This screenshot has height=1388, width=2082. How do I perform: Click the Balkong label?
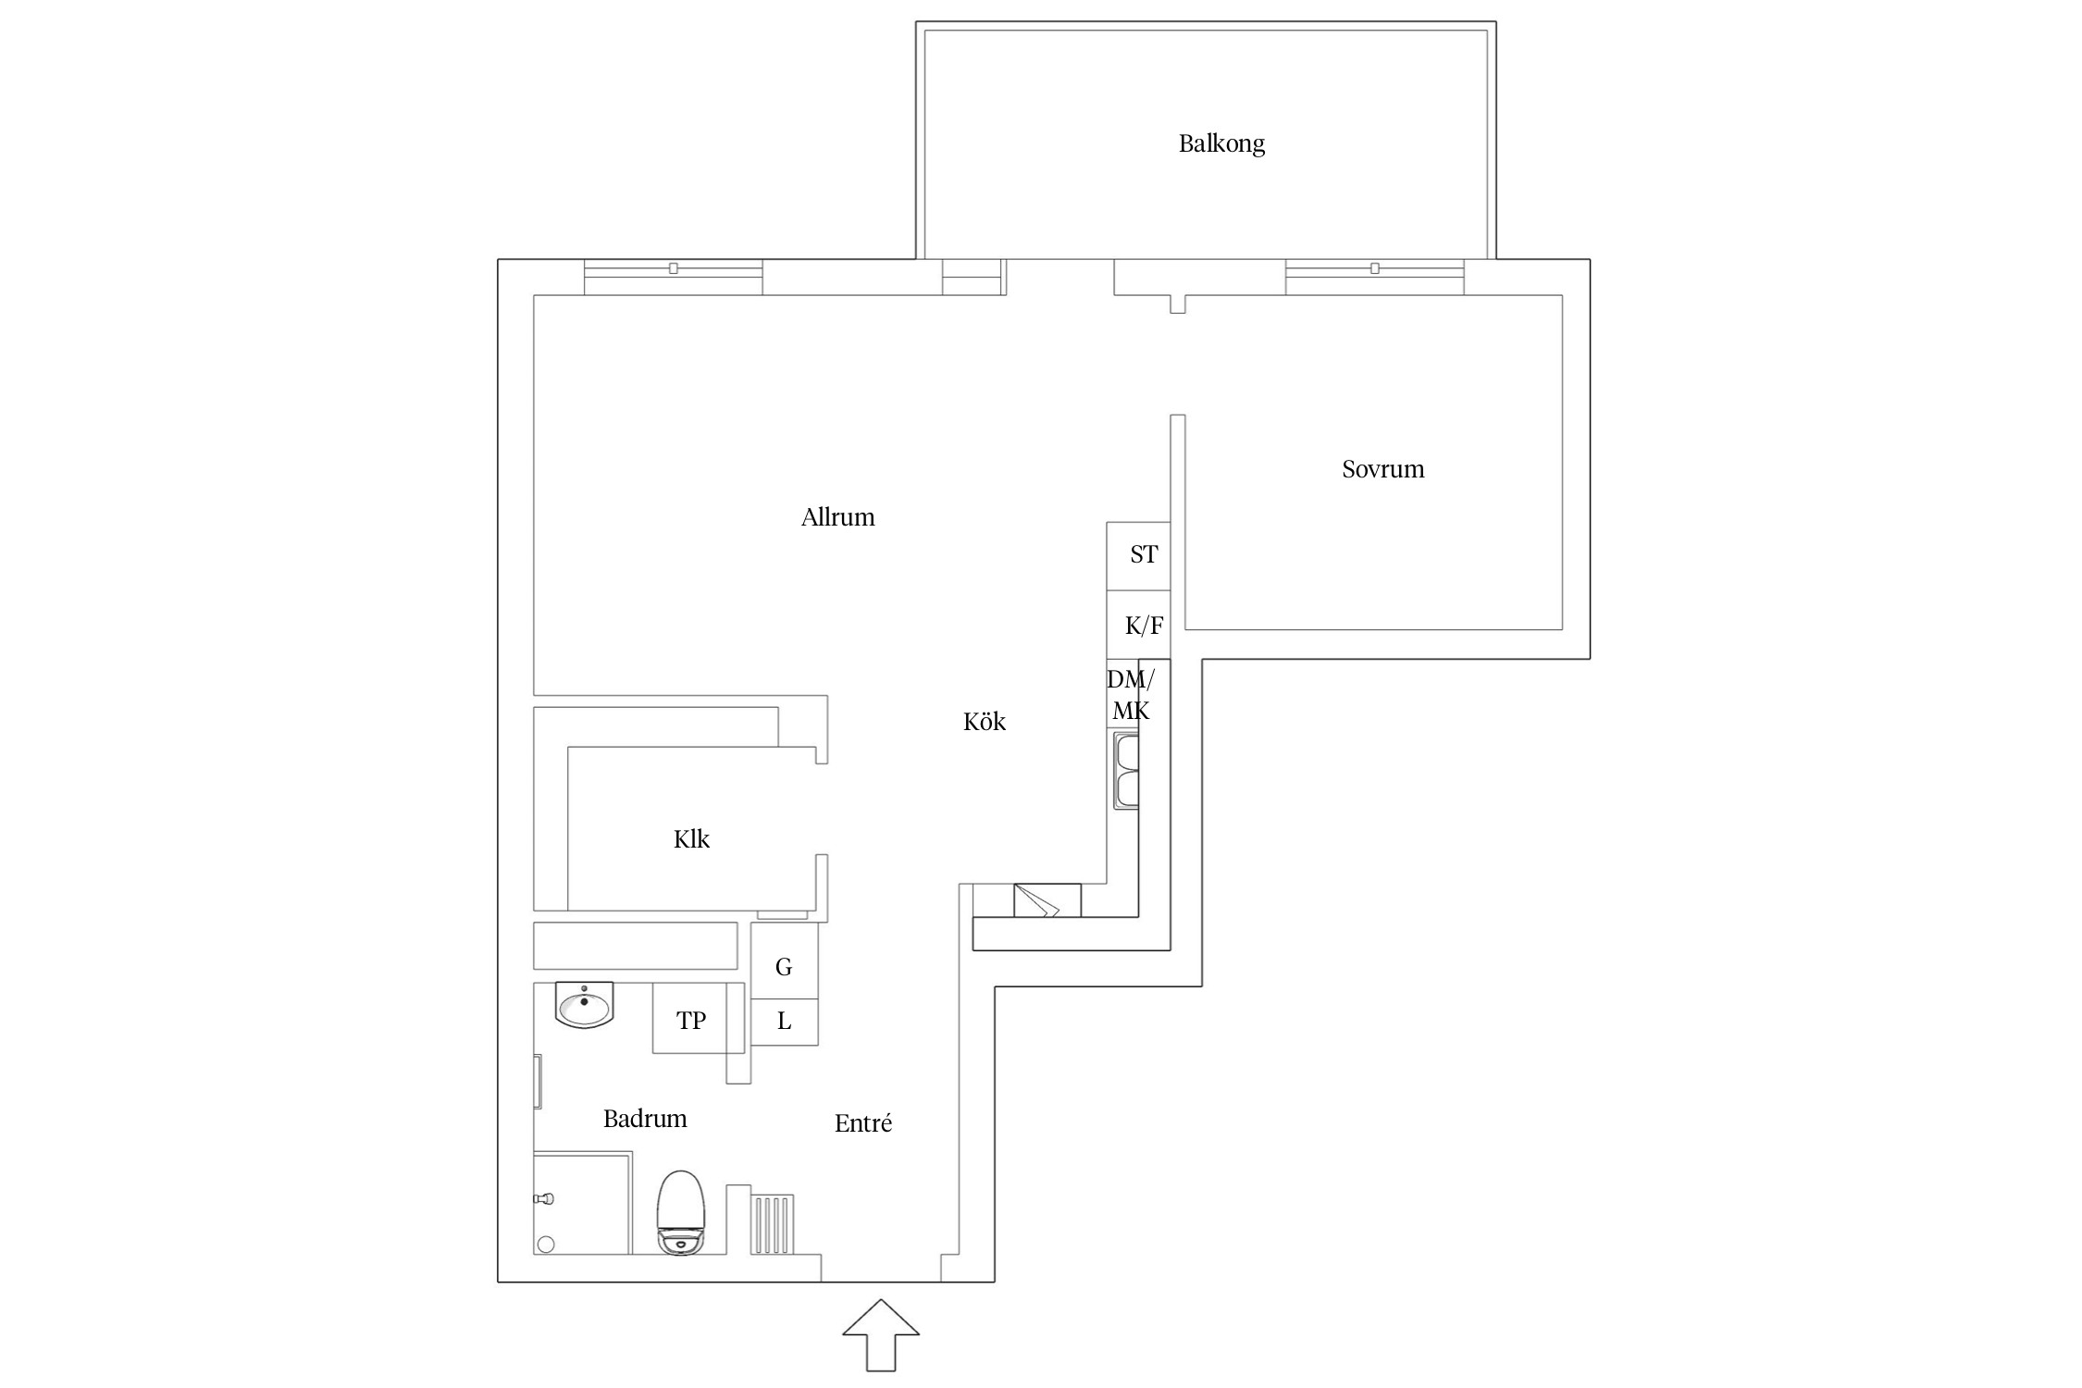coord(1221,143)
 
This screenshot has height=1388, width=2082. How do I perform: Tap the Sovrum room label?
coord(1382,469)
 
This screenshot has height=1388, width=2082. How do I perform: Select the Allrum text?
coord(837,516)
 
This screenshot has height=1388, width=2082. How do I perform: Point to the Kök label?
coord(984,721)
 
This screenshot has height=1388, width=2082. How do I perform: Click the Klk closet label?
coord(691,839)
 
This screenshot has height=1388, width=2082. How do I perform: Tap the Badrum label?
coord(645,1119)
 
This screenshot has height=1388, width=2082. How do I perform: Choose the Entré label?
coord(862,1122)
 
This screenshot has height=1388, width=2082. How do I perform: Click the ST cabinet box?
coord(1138,556)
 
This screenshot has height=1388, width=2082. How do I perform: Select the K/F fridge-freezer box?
coord(1138,625)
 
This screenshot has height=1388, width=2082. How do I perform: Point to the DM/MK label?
coord(1130,695)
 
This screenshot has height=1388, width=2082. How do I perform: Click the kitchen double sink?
coord(1126,770)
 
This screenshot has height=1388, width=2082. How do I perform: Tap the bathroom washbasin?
coord(584,1005)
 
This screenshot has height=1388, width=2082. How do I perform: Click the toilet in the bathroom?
coord(680,1213)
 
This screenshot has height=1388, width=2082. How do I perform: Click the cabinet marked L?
coord(784,1022)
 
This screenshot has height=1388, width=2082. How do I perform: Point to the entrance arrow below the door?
coord(881,1335)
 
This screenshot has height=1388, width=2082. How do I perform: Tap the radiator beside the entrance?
coord(772,1224)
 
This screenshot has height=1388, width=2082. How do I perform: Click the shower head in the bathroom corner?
coord(544,1199)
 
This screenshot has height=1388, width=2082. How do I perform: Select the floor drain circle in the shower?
coord(546,1245)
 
